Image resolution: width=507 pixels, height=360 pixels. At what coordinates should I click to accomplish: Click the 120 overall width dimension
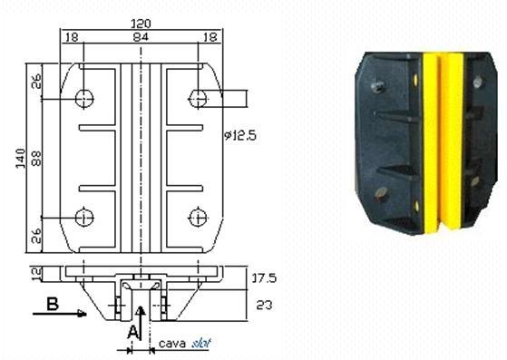point(141,24)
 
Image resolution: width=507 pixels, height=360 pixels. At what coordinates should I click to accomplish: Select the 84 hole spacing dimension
point(141,37)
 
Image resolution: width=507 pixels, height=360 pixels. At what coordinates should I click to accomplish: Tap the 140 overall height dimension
point(21,159)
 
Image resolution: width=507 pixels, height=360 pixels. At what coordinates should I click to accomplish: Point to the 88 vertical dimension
point(37,159)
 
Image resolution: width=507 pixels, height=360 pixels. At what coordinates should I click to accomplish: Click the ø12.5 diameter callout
point(240,135)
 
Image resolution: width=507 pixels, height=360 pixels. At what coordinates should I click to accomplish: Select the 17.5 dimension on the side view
point(264,278)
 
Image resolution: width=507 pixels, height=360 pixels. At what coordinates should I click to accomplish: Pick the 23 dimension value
point(264,305)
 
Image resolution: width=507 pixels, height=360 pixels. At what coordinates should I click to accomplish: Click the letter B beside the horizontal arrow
point(53,304)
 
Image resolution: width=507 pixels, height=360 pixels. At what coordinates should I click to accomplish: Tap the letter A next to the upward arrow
point(132,332)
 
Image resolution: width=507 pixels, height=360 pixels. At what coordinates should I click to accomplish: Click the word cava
point(172,343)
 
